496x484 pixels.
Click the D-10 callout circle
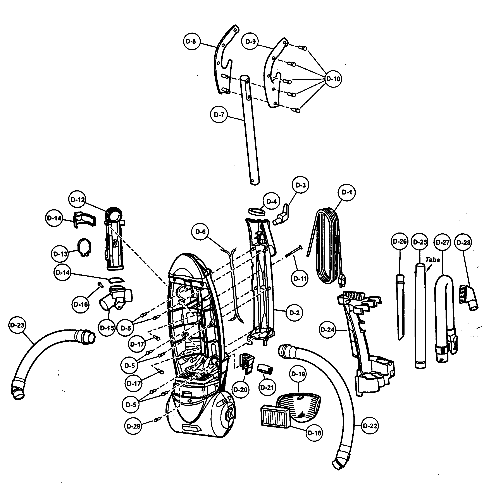[333, 79]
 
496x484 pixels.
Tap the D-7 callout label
[219, 115]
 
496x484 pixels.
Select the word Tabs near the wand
[432, 260]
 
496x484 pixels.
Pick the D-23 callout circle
[17, 325]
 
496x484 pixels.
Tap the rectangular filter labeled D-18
[275, 417]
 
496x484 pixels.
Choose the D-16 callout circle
[81, 304]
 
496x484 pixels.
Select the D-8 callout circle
[191, 41]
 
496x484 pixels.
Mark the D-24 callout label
[327, 330]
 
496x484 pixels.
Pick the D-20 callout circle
[240, 389]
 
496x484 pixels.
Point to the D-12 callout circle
[77, 200]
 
